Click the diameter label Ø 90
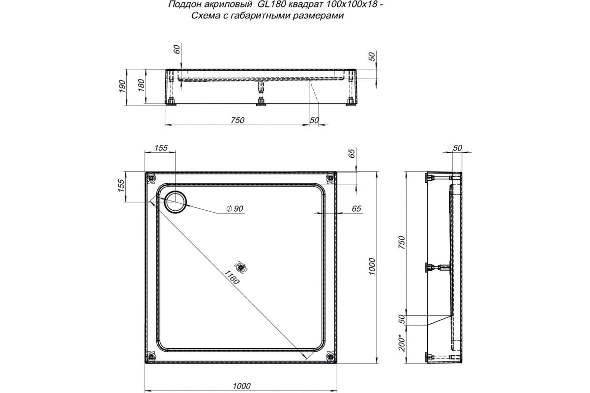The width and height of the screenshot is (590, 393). pyautogui.click(x=235, y=209)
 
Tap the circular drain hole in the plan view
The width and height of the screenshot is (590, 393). pyautogui.click(x=175, y=201)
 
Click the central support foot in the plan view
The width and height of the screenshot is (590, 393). pyautogui.click(x=241, y=267)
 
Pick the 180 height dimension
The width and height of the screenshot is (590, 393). pyautogui.click(x=142, y=85)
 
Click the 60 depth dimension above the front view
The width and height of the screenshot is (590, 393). pyautogui.click(x=177, y=49)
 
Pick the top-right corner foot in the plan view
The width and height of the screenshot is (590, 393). pyautogui.click(x=329, y=177)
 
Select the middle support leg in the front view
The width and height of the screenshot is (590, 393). pyautogui.click(x=260, y=94)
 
